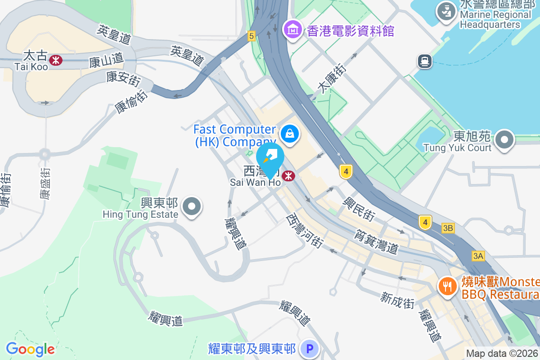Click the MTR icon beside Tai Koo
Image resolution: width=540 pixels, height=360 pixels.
[x=56, y=60]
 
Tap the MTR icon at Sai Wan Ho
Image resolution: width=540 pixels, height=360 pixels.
[x=288, y=176]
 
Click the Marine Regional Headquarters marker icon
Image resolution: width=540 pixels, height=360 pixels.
[x=447, y=12]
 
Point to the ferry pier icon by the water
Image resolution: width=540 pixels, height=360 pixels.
[x=424, y=61]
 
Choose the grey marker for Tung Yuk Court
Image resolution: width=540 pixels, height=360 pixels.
[x=504, y=140]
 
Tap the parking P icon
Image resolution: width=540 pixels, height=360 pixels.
[x=309, y=348]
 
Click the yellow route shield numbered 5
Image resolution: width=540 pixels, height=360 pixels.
[x=251, y=36]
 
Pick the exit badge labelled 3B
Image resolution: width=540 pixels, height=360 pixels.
[x=448, y=228]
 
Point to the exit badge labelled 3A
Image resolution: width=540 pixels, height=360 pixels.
[x=478, y=256]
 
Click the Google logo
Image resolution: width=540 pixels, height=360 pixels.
[x=30, y=349]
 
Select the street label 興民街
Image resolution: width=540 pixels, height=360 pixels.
[x=359, y=208]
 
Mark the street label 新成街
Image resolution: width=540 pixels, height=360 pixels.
[x=397, y=300]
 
